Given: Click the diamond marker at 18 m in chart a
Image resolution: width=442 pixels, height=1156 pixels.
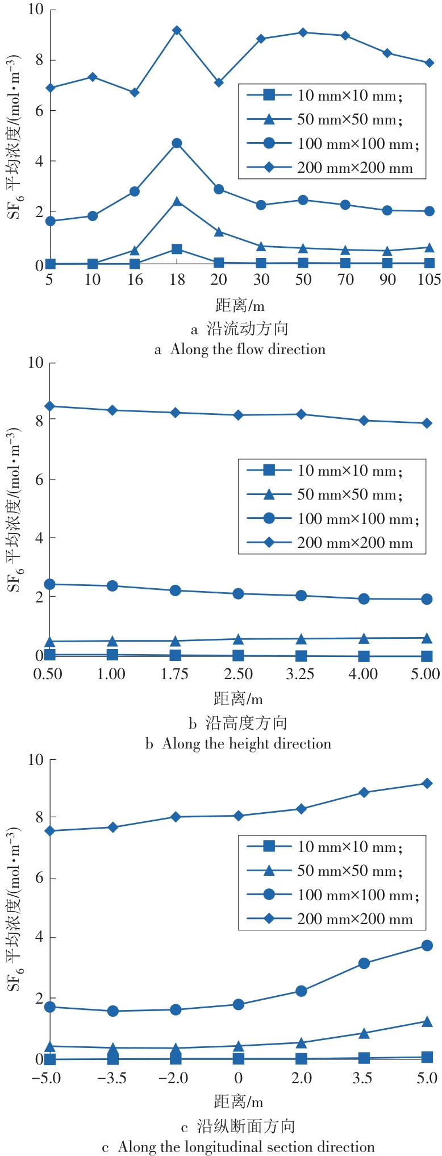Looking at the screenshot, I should (x=177, y=30).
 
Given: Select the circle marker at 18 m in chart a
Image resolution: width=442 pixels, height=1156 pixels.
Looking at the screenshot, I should (x=177, y=143).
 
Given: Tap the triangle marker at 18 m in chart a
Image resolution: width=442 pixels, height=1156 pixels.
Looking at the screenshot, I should (x=177, y=201).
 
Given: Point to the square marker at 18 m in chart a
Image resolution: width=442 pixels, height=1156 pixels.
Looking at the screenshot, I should (x=177, y=249).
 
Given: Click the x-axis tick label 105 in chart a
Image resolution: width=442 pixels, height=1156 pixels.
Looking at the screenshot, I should (x=429, y=279).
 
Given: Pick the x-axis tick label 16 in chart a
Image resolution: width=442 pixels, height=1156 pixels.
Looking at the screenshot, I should (x=135, y=279).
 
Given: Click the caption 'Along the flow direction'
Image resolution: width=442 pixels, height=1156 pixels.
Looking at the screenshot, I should (x=248, y=349).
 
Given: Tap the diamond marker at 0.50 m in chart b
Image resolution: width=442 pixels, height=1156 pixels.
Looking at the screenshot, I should (x=49, y=406).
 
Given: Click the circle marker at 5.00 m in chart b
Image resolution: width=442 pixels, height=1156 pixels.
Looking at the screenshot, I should (x=427, y=599).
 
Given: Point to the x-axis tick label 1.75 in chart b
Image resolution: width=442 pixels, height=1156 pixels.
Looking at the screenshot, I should (x=175, y=674).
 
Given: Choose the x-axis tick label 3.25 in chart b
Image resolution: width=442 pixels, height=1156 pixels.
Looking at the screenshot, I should (x=301, y=674).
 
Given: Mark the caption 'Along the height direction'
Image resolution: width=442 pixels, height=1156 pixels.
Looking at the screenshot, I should (x=247, y=743).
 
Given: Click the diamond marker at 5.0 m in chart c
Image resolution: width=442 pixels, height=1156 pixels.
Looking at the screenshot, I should (x=427, y=784).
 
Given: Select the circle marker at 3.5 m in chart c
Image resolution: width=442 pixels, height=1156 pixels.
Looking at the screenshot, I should (x=364, y=963).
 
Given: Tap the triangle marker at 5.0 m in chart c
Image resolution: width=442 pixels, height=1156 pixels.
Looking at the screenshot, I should (x=427, y=1021).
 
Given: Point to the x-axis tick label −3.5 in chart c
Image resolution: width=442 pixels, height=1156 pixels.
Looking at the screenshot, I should (x=112, y=1078).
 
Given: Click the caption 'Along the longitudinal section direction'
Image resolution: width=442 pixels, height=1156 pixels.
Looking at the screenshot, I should (x=247, y=1147).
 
